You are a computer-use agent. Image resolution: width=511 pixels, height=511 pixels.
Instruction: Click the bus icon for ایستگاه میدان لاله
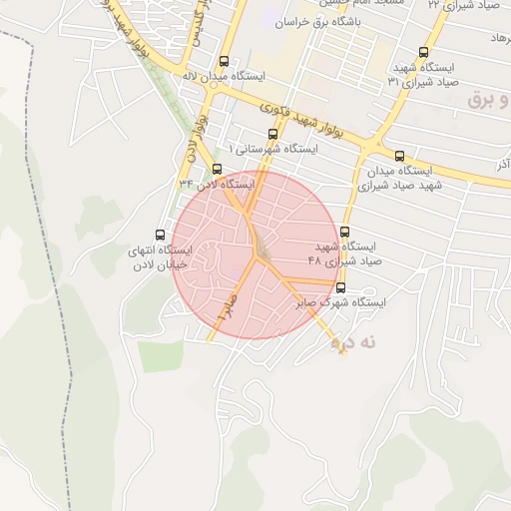tap(223, 61)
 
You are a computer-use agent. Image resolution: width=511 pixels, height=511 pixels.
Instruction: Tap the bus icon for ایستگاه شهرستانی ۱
tap(273, 134)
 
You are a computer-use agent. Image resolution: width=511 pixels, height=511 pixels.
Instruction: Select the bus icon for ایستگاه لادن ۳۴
tap(217, 169)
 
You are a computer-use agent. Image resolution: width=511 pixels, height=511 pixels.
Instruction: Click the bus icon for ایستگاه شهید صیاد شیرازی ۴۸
tap(345, 232)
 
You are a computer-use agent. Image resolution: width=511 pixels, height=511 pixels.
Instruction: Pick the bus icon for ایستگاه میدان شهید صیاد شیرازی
tap(400, 156)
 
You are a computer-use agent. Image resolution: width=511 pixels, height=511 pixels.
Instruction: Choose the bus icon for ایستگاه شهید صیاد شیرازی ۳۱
tap(424, 53)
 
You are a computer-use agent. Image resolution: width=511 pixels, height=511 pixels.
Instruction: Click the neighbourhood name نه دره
tap(357, 342)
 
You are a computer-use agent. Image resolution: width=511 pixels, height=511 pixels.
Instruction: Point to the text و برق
tap(487, 101)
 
